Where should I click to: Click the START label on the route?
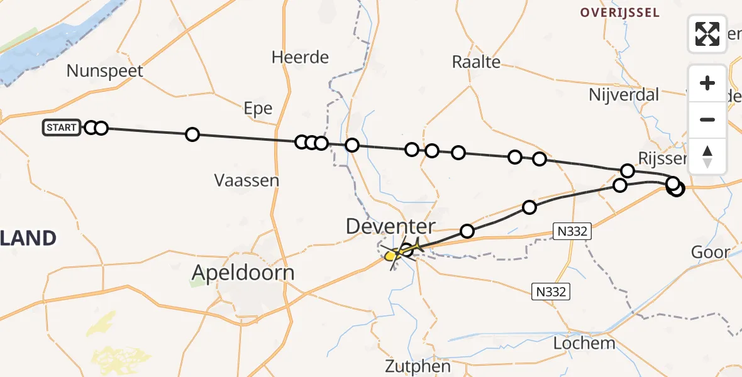click(x=62, y=128)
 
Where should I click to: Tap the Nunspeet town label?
click(x=105, y=71)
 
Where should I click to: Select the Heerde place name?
click(x=300, y=58)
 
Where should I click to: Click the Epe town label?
click(x=258, y=109)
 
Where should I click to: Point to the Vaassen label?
click(x=246, y=181)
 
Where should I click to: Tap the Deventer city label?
click(x=390, y=227)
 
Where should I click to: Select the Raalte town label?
click(x=477, y=62)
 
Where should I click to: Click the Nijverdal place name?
click(x=624, y=95)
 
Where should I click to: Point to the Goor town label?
click(x=711, y=253)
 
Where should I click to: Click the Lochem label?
click(x=585, y=343)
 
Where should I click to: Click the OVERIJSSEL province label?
click(x=620, y=13)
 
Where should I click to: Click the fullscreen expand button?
click(x=707, y=34)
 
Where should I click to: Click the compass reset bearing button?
click(x=707, y=156)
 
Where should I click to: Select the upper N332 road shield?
click(x=571, y=231)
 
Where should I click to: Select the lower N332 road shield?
click(x=551, y=292)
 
